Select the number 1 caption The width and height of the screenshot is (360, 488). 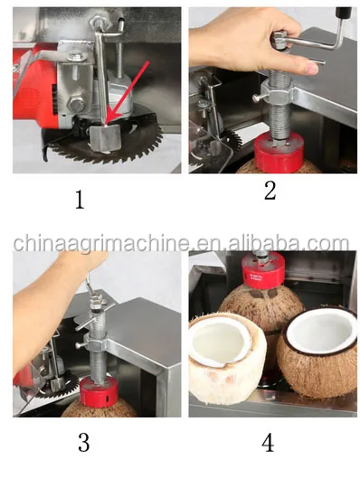pyautogui.click(x=79, y=199)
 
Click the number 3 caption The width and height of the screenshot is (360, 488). pyautogui.click(x=83, y=443)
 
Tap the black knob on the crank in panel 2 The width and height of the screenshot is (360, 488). pyautogui.click(x=344, y=12)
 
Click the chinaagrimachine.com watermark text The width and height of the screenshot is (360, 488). pyautogui.click(x=180, y=243)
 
